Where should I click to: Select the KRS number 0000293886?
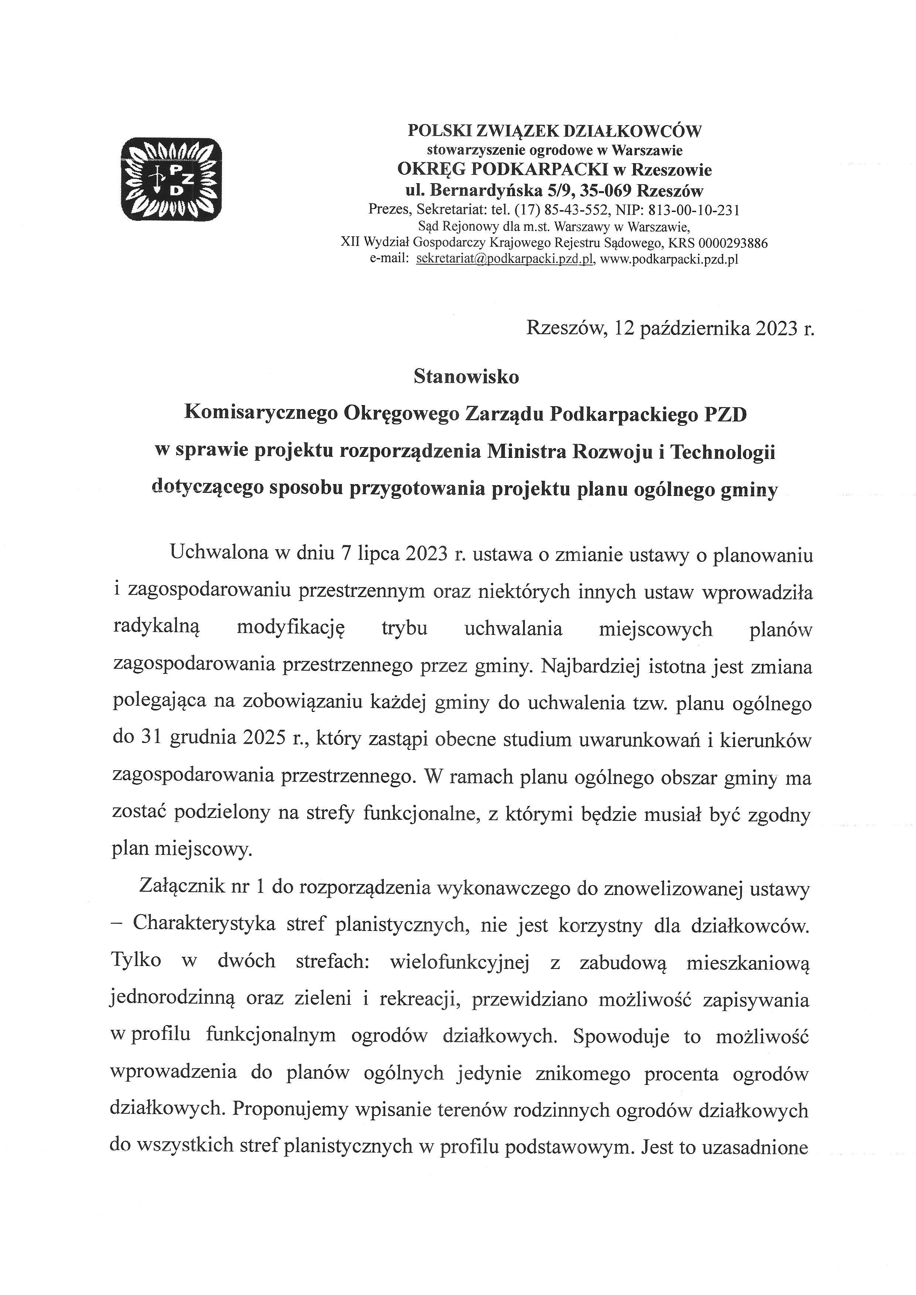pos(733,243)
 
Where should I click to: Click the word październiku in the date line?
pos(694,328)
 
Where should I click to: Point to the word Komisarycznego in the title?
pos(261,415)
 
